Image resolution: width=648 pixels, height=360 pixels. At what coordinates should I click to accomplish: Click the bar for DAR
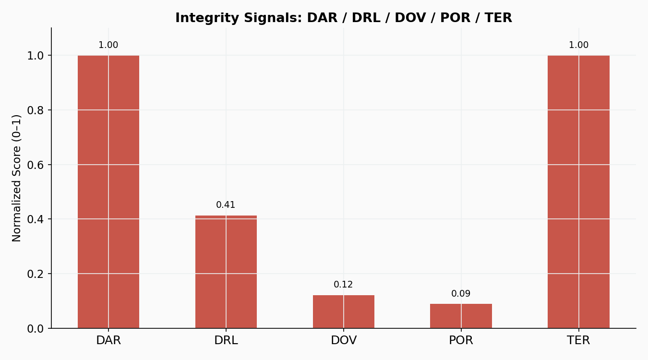pos(108,192)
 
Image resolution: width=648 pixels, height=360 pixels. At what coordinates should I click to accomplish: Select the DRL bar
pos(226,272)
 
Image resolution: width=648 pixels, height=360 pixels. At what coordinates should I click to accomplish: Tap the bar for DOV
pos(344,312)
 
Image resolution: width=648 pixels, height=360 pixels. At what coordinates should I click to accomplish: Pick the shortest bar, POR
pos(461,316)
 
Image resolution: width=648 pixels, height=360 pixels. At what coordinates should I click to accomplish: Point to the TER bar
pos(578,192)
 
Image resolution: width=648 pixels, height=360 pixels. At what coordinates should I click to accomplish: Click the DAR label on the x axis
pos(108,341)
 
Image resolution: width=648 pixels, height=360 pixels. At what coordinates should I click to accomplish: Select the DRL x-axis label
pos(226,341)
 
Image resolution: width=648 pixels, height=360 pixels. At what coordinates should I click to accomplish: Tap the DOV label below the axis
pos(344,341)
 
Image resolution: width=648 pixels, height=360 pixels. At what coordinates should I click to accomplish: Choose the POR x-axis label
pos(461,341)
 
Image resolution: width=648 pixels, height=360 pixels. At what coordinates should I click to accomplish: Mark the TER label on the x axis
pos(578,341)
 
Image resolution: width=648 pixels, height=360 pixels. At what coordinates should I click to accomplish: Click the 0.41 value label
pos(226,205)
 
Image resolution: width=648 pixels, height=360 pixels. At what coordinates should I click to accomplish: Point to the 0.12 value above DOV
pos(343,285)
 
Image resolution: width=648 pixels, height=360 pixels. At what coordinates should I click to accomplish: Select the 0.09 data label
pos(461,294)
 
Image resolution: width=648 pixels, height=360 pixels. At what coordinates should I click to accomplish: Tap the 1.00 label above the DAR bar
pos(108,45)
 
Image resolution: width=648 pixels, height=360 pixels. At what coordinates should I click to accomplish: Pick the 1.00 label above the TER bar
pos(578,45)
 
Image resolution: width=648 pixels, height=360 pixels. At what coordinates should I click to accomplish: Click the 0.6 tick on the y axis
pos(35,165)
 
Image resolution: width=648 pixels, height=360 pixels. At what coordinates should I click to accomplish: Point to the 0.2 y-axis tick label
pos(35,274)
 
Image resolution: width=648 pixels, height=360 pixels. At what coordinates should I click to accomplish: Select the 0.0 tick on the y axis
pos(35,329)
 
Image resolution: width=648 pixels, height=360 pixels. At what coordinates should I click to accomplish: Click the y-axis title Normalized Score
pos(17,178)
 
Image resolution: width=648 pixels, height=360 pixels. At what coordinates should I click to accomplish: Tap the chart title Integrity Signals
pos(343,18)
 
